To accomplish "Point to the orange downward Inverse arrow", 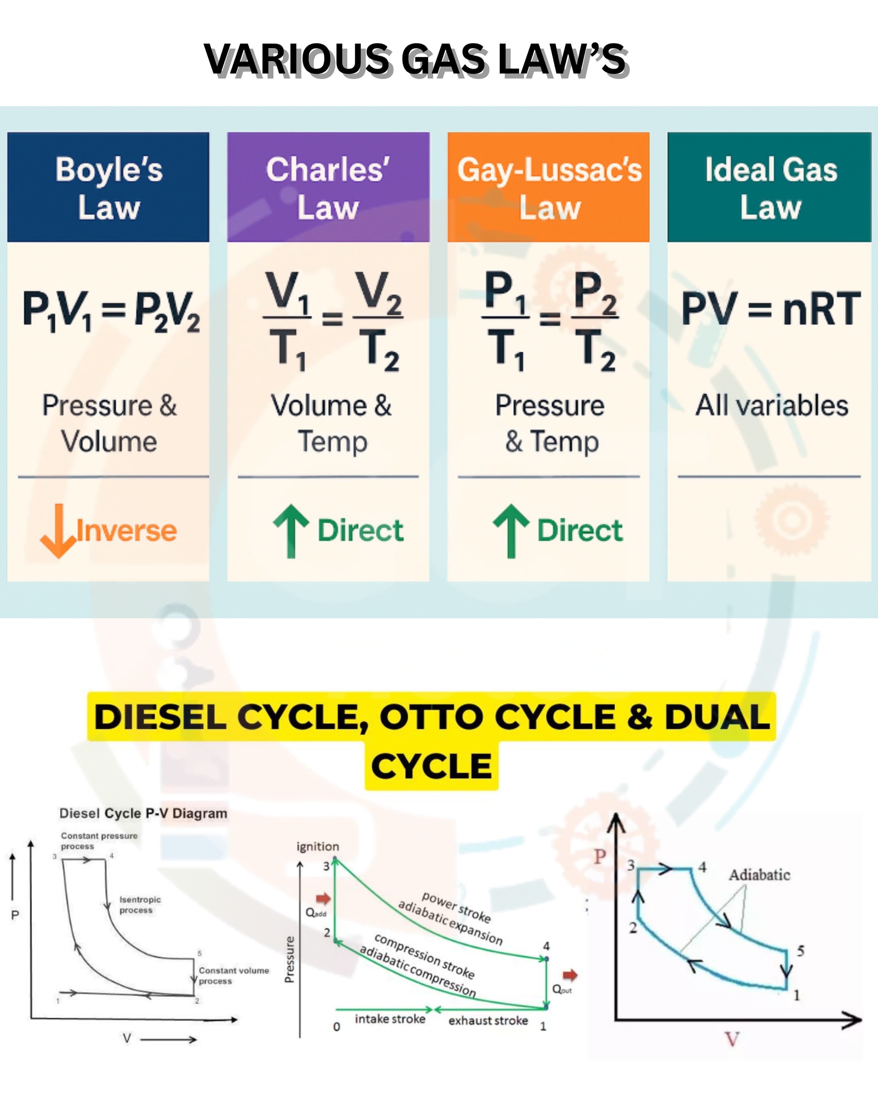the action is [x=59, y=531].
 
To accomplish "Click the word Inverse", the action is [x=127, y=531].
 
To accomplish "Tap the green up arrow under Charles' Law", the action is [x=291, y=531].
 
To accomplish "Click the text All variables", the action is [x=772, y=406].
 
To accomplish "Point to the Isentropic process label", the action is [x=140, y=905].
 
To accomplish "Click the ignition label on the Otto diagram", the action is [x=317, y=846].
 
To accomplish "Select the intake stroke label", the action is [x=390, y=1019].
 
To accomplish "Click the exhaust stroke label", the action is [x=488, y=1020].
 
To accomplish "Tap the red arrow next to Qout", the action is [x=570, y=975].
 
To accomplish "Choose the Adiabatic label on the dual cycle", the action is [x=760, y=875].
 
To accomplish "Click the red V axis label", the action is [x=732, y=1039].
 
